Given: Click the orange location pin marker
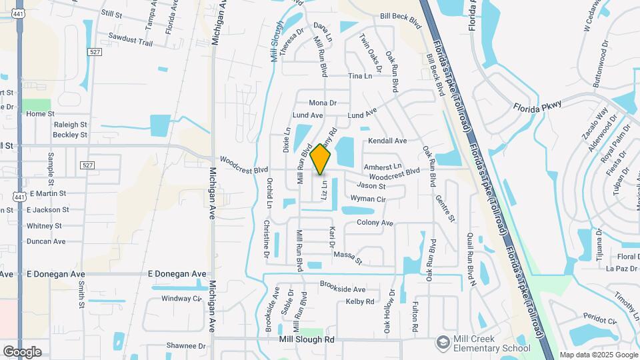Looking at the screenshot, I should tap(321, 159).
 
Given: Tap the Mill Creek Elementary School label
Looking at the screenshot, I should tap(492, 343).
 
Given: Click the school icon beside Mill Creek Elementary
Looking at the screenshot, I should tap(443, 343).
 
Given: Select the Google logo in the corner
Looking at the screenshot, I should tap(22, 352).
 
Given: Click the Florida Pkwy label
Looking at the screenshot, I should tap(537, 106).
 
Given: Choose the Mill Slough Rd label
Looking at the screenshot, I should tap(307, 339).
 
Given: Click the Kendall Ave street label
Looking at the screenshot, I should tap(387, 141).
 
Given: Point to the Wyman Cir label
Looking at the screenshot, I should tap(368, 199).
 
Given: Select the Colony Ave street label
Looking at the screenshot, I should tap(375, 223).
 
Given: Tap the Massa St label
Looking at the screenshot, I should tap(347, 256).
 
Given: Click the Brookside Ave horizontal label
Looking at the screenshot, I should tap(343, 289).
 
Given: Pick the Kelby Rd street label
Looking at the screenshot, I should tap(360, 302).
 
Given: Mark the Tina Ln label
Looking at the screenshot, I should tap(360, 76).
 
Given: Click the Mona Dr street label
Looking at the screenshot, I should tap(323, 103).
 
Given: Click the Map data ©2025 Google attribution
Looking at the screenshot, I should tap(599, 355).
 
